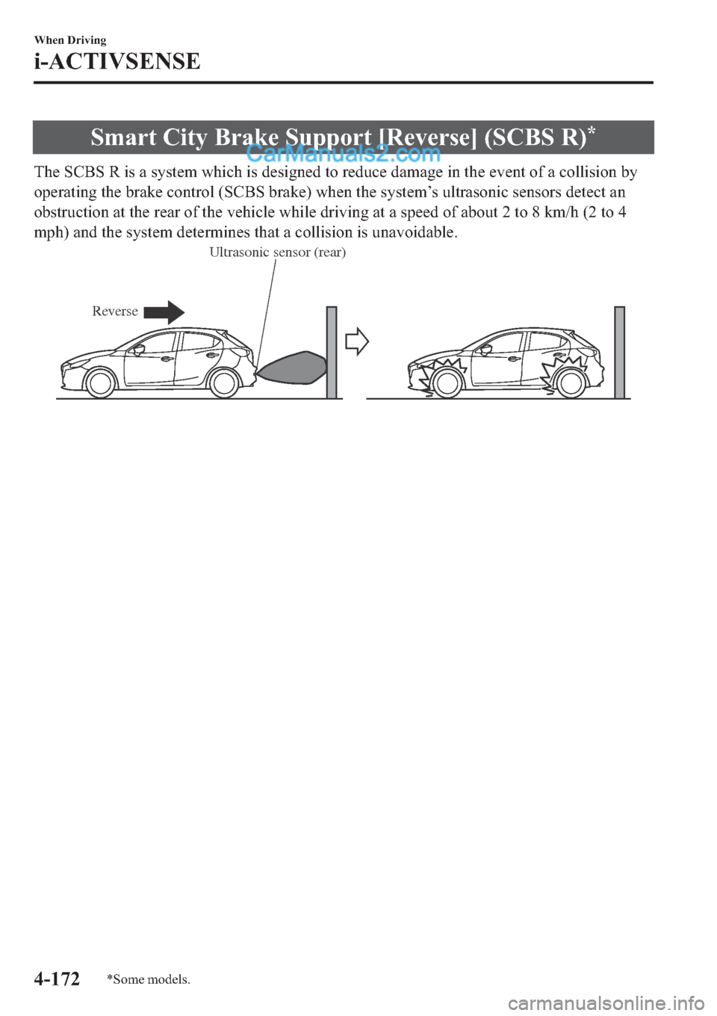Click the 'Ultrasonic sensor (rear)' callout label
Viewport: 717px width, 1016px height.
tap(277, 253)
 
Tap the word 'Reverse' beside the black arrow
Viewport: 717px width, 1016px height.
tap(115, 312)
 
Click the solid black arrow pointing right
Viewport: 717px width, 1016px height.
tap(164, 312)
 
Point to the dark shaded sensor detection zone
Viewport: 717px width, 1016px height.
tap(293, 367)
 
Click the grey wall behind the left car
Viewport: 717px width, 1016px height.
tap(332, 352)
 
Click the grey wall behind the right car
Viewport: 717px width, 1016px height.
tap(619, 352)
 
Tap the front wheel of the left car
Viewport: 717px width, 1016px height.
tap(101, 383)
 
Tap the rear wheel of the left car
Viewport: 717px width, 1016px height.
tap(223, 383)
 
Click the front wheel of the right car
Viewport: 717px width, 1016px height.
tap(446, 383)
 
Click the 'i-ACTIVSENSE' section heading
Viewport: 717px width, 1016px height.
tap(117, 61)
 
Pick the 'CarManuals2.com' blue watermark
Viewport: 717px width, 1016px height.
tap(343, 155)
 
